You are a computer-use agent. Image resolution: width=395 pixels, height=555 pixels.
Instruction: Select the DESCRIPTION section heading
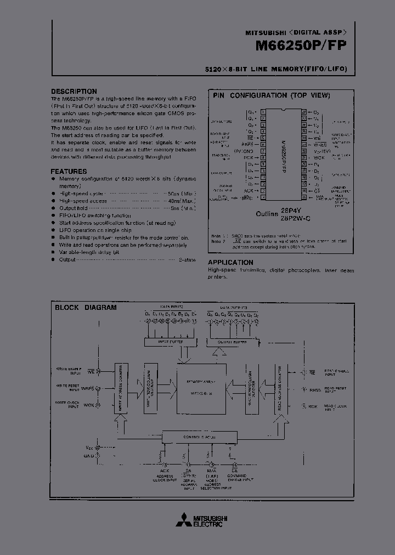tap(74, 92)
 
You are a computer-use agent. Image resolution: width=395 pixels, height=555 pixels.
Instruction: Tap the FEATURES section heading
tap(69, 172)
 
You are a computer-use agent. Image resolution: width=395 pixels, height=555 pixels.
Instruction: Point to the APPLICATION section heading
tap(230, 263)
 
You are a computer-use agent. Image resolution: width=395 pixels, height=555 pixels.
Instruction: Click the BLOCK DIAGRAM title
tap(86, 308)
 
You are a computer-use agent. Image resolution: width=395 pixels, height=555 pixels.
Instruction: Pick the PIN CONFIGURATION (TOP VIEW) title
tap(271, 95)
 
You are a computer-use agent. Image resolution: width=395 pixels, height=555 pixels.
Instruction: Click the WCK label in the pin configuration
tap(319, 157)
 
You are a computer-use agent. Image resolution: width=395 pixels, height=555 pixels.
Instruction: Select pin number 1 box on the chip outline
tap(264, 111)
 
